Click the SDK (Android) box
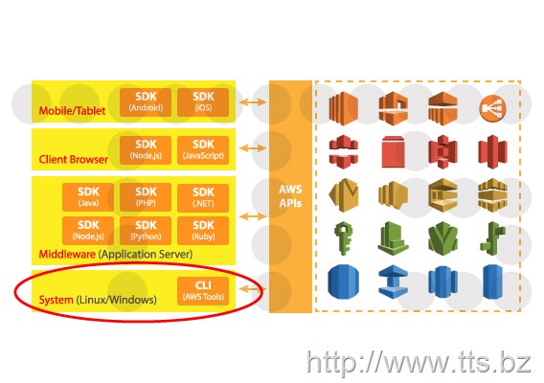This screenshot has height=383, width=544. point(146,102)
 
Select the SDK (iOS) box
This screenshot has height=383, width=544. point(203,102)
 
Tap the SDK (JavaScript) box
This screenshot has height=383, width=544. point(203,150)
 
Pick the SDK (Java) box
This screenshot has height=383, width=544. point(88,197)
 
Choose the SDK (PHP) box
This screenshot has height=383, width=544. point(146,197)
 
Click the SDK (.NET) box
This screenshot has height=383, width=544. point(203,197)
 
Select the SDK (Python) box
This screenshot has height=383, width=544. point(146,231)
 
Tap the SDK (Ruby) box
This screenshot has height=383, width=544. point(203,231)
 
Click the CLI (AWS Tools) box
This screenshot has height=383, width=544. point(203,291)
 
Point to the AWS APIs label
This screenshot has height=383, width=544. point(290,196)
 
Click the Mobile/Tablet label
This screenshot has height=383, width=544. point(72,111)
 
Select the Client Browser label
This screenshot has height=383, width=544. point(73,159)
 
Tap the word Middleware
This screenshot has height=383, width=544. point(67,254)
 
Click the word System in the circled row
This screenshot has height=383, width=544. point(56,300)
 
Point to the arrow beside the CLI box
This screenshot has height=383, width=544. point(253,288)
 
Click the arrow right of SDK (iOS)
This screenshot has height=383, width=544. point(253,102)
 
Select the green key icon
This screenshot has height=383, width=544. point(344,237)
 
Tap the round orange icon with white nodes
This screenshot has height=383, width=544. point(492,108)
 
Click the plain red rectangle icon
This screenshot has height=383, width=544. point(393,151)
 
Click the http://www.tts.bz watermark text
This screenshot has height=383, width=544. point(419,362)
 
